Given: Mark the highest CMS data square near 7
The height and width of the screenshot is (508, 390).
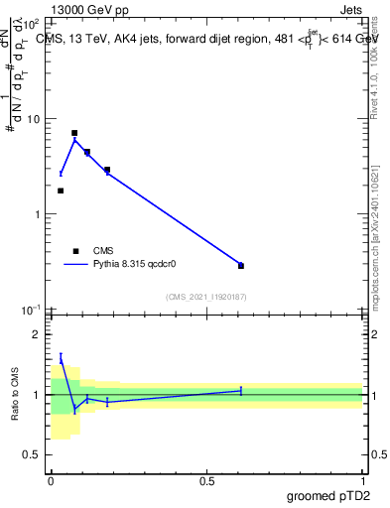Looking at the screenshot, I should (74, 133).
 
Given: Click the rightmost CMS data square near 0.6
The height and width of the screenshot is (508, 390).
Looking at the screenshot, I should (241, 266).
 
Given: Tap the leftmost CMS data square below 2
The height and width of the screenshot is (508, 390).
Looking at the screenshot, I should (61, 190).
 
